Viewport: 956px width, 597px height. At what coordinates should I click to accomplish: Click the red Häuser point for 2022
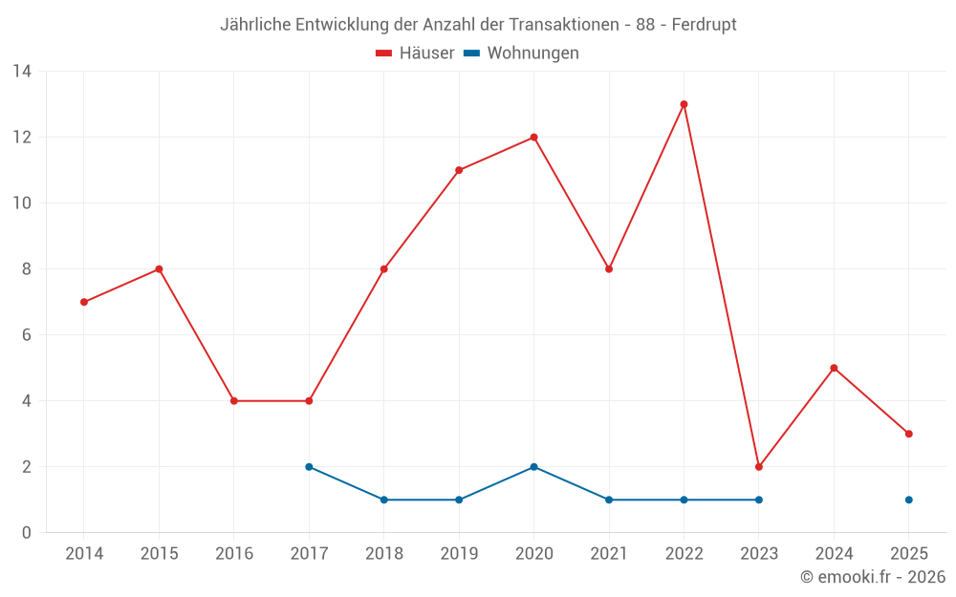(x=684, y=104)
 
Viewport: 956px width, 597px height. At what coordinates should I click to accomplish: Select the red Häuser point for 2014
(x=84, y=302)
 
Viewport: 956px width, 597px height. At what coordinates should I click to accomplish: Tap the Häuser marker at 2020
(x=533, y=138)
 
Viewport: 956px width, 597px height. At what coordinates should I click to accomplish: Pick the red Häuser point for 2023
(x=759, y=467)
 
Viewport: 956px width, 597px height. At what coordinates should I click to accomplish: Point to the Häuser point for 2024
(x=834, y=368)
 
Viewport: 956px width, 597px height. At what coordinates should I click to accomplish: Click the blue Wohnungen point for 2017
(x=309, y=467)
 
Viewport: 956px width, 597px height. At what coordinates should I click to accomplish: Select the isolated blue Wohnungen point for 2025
(x=909, y=500)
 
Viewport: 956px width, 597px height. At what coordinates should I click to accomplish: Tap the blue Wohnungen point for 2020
(x=533, y=467)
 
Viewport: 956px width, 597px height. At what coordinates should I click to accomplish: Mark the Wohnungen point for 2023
(x=759, y=500)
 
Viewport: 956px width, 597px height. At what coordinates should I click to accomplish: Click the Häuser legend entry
(x=415, y=53)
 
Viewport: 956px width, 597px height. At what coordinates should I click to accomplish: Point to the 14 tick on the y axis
(x=22, y=72)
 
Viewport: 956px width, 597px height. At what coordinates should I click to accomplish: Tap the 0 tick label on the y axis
(x=27, y=533)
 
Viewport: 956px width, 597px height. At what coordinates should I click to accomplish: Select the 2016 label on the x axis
(x=234, y=554)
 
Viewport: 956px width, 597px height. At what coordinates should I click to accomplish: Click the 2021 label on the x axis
(x=609, y=554)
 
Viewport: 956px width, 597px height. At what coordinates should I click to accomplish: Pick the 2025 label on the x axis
(x=909, y=554)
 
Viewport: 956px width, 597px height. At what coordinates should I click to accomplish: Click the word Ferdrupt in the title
(x=704, y=24)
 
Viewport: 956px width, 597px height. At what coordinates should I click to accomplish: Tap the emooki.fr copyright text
(x=873, y=577)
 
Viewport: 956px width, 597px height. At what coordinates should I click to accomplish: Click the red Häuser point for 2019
(x=459, y=170)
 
